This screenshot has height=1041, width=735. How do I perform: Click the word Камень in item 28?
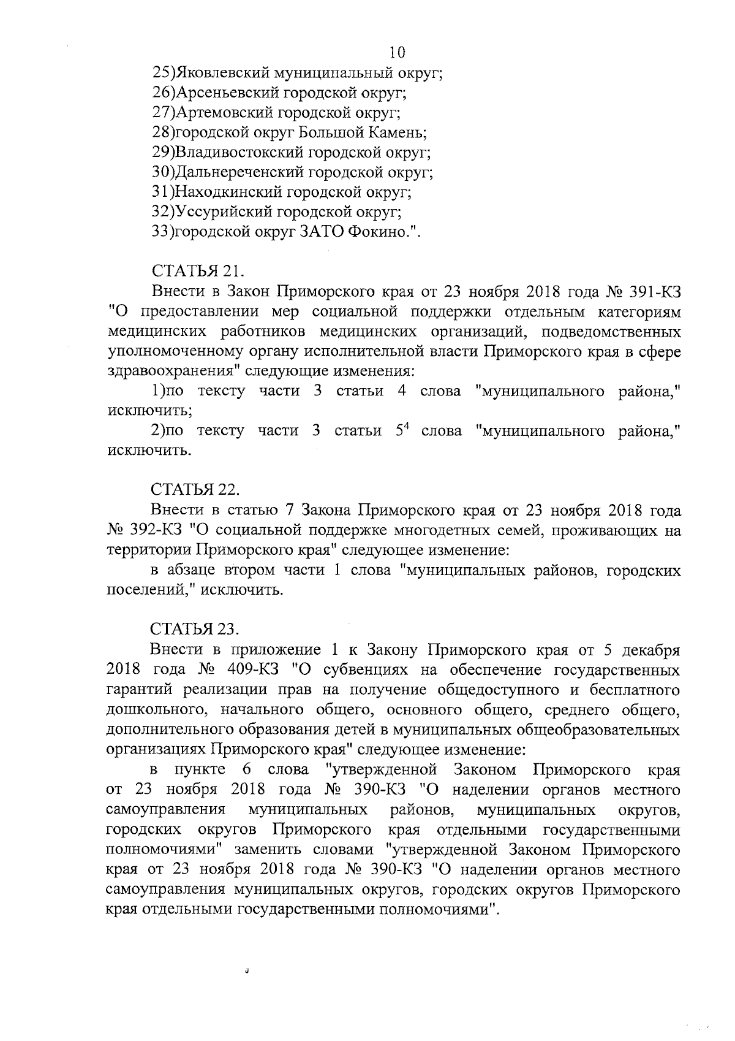click(397, 132)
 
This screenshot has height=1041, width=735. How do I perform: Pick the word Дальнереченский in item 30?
click(238, 172)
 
